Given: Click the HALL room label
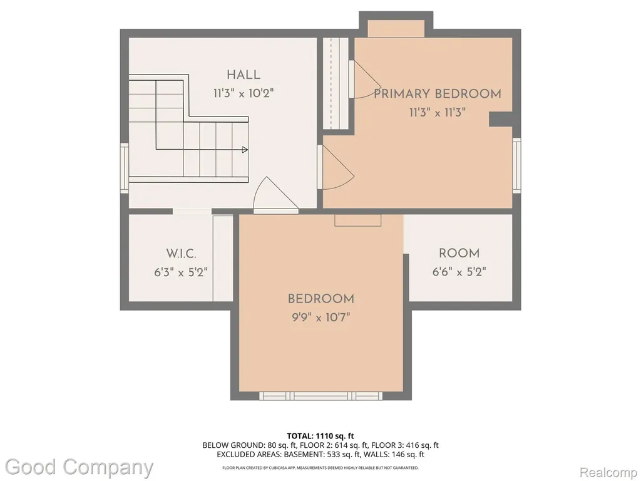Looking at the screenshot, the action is click(x=244, y=75).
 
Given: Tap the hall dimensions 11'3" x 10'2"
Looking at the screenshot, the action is click(x=244, y=93).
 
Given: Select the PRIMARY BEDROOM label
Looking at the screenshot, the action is click(x=438, y=94).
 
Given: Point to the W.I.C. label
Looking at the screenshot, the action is click(x=181, y=254).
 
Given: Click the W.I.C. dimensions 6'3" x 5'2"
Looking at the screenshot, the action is click(x=181, y=272).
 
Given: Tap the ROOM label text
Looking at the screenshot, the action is click(x=459, y=253).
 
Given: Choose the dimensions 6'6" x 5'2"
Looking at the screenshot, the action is click(x=459, y=272).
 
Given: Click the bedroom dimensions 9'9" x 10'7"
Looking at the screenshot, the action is click(x=321, y=317).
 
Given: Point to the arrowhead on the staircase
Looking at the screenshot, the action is click(x=245, y=150).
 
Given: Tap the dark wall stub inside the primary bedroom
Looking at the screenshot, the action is click(x=501, y=119).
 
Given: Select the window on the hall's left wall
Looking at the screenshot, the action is click(x=125, y=168).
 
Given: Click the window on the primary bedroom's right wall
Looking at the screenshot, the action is click(x=516, y=165).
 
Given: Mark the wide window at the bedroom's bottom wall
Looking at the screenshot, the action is click(x=321, y=396).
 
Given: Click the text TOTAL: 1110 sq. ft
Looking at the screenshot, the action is click(x=320, y=436).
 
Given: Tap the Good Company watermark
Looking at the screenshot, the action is click(x=79, y=468).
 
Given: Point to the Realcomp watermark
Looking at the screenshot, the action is click(x=608, y=472).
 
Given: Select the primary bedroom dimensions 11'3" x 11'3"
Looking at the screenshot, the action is click(x=438, y=112).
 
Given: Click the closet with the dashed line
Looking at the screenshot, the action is click(x=336, y=83).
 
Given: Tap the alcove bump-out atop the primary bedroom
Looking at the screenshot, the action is click(x=396, y=29).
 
